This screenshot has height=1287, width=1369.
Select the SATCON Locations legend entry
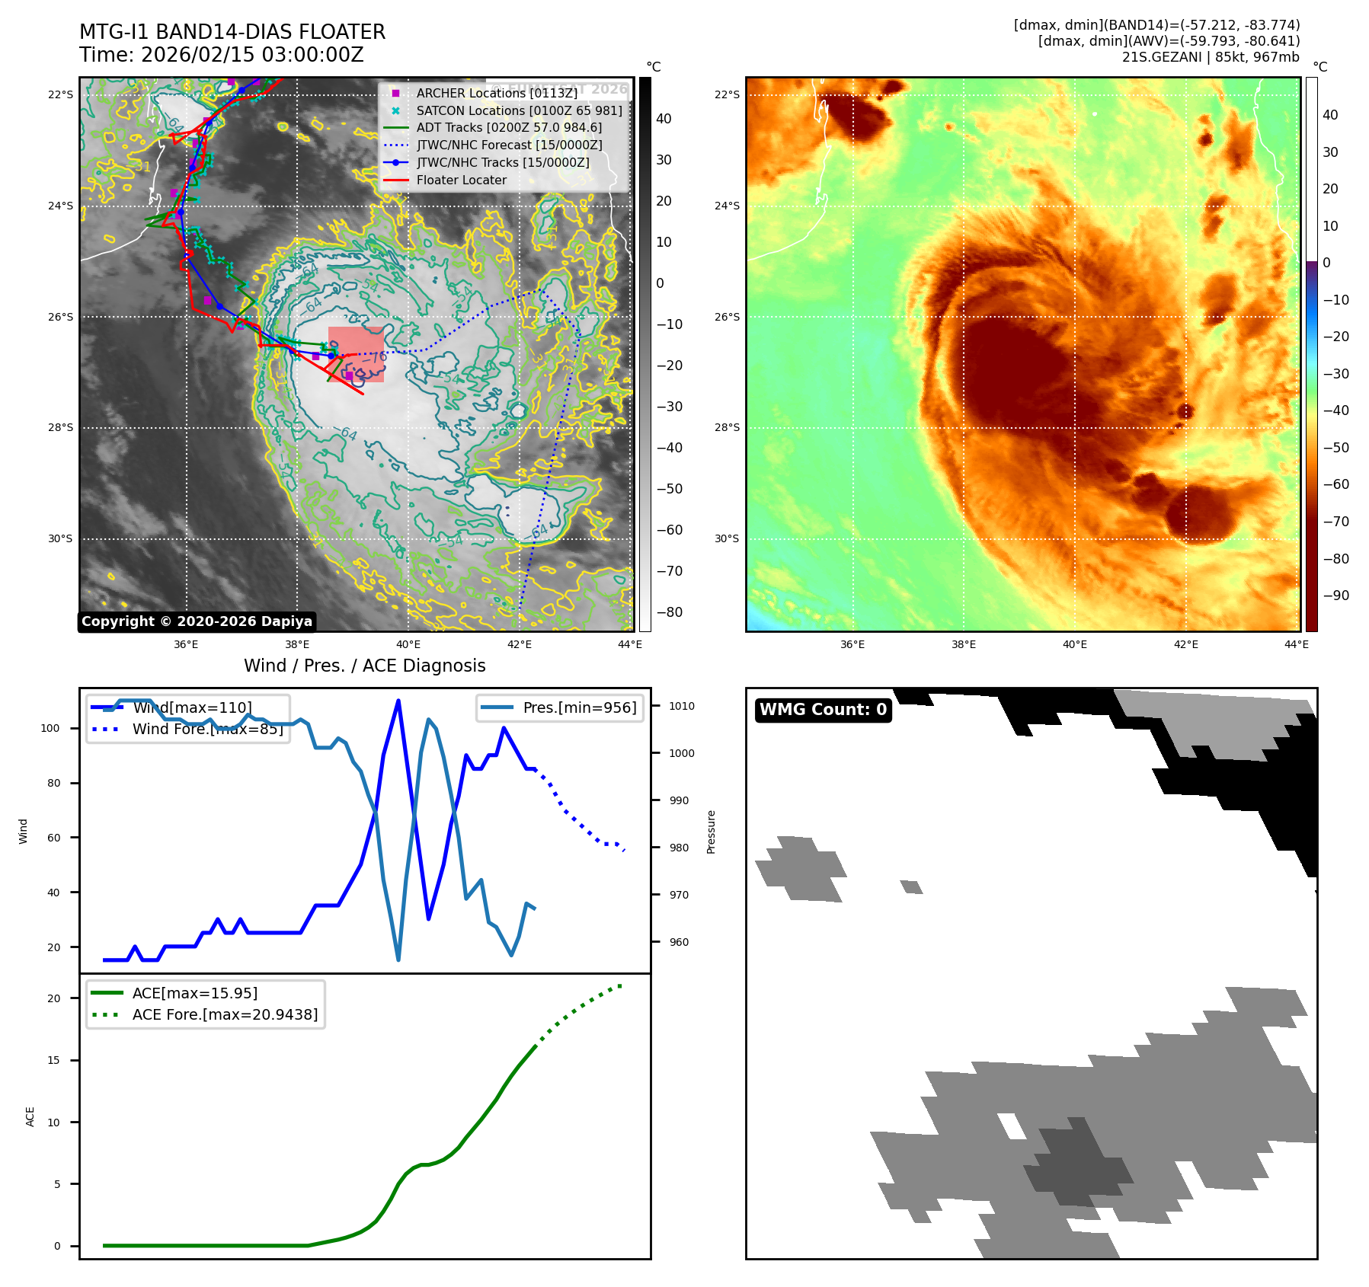click(x=519, y=110)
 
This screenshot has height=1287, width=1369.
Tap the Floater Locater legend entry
click(x=461, y=180)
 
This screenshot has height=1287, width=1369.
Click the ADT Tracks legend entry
click(x=509, y=128)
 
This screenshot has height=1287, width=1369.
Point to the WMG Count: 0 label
click(x=823, y=710)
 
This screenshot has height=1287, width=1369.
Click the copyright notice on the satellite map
click(x=197, y=621)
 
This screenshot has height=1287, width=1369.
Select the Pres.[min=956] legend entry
click(x=579, y=707)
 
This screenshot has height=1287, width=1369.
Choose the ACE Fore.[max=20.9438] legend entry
click(x=225, y=1014)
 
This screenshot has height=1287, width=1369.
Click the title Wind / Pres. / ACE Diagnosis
click(x=364, y=666)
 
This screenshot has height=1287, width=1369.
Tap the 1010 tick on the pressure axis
click(x=682, y=706)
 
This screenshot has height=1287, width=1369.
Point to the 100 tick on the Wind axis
click(x=50, y=728)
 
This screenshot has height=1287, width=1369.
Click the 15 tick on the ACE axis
click(x=53, y=1060)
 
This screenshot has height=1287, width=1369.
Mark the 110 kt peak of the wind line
click(x=398, y=701)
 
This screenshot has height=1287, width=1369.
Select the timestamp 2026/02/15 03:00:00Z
click(x=252, y=55)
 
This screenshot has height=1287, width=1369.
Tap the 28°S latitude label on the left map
click(x=61, y=428)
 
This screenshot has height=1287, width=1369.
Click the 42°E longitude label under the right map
click(x=1185, y=644)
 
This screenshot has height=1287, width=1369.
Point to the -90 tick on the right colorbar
click(x=1336, y=596)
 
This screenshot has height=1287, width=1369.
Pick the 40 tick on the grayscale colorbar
click(x=664, y=119)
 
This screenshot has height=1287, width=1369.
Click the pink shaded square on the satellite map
click(x=356, y=354)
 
